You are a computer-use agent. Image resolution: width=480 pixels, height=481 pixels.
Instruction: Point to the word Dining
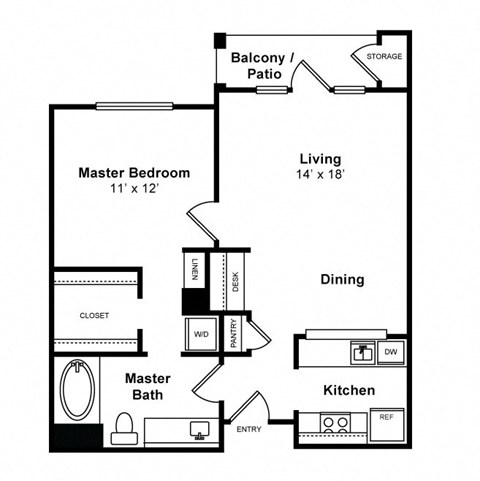[x=342, y=280]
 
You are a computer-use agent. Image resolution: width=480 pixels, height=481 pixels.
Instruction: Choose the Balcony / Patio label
[x=263, y=66]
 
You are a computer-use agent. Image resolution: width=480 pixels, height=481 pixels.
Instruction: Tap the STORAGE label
[x=384, y=57]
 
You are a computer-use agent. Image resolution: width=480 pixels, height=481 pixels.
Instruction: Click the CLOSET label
[x=95, y=315]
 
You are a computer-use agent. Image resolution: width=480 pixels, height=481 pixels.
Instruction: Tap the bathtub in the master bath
[x=77, y=393]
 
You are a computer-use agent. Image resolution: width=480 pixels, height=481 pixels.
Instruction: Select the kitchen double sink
[x=361, y=352]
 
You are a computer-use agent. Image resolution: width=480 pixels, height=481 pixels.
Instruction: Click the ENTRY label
[x=249, y=430]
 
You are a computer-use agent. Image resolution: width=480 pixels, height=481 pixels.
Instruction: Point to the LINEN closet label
[x=193, y=269]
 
